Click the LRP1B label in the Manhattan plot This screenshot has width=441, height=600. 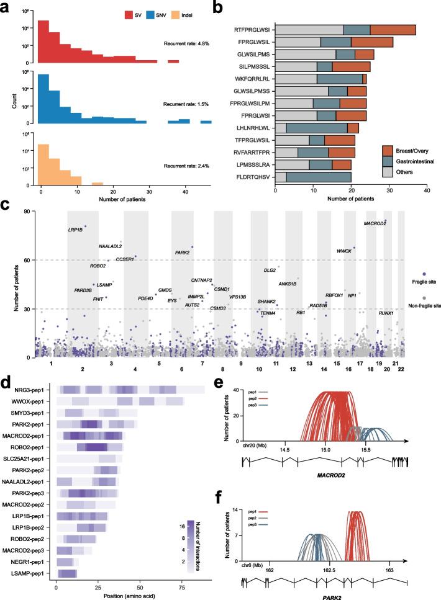pyautogui.click(x=75, y=230)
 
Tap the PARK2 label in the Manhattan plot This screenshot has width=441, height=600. pyautogui.click(x=182, y=253)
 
